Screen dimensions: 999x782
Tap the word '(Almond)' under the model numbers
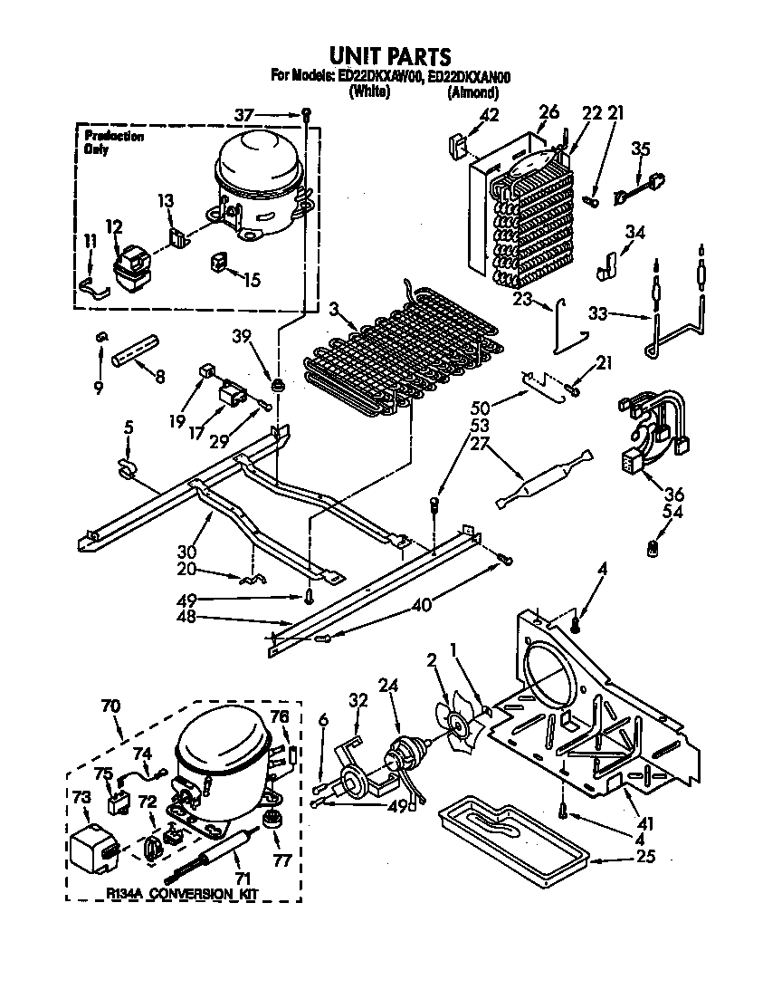pos(472,91)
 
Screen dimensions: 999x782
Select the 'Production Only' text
pos(112,142)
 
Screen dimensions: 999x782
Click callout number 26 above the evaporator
pos(548,112)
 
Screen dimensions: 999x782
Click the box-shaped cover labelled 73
pos(95,850)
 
